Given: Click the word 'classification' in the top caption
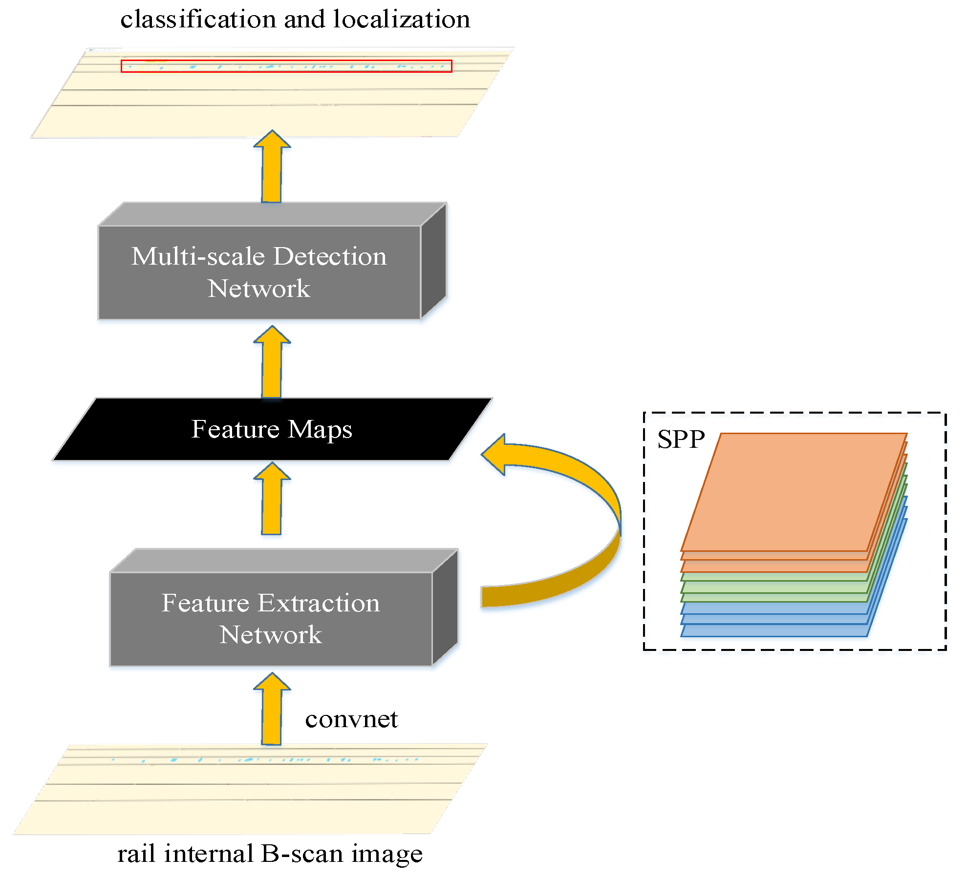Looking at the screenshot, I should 198,20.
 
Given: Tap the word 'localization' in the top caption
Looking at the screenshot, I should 402,20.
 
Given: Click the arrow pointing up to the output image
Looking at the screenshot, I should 272,168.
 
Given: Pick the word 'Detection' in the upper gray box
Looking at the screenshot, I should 330,256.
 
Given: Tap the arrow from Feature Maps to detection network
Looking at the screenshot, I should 272,364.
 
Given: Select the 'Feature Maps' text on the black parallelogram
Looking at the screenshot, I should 272,429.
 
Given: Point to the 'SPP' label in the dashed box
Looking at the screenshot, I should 681,439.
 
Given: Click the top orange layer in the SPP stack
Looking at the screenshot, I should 794,491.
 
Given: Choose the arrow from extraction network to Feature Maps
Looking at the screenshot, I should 272,501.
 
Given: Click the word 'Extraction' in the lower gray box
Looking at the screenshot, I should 319,603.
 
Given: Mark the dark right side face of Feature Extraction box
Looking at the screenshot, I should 445,608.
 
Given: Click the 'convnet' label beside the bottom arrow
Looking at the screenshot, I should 351,719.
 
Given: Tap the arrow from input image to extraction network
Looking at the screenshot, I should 272,711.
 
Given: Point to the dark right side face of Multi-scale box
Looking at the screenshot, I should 433,261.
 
